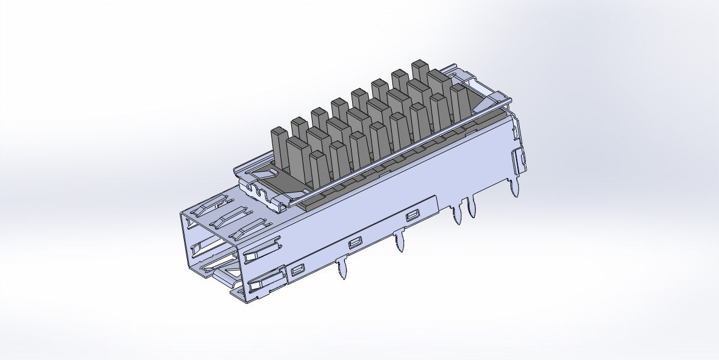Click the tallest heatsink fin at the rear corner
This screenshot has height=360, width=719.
[420, 69]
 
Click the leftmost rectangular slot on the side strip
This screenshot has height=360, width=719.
[298, 269]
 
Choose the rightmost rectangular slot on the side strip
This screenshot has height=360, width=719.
[413, 215]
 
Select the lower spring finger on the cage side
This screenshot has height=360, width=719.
[266, 281]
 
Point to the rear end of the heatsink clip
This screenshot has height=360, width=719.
[497, 98]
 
